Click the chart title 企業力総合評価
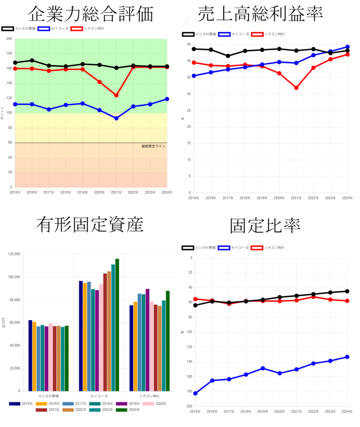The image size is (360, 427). (x=91, y=14)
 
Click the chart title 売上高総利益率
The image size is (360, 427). (x=260, y=14)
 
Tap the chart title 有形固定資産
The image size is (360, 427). (x=90, y=225)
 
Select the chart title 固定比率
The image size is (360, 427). (x=265, y=226)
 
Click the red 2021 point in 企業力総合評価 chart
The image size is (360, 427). (x=116, y=95)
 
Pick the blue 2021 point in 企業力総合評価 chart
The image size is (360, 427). (x=116, y=118)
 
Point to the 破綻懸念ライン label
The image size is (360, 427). (x=154, y=146)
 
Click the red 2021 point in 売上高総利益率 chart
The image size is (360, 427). (x=296, y=88)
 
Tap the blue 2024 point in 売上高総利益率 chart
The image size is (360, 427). (x=347, y=47)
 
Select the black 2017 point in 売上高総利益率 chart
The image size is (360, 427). (x=228, y=56)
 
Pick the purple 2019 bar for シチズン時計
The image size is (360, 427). (x=147, y=340)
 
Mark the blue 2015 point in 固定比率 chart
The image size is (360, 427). (x=195, y=393)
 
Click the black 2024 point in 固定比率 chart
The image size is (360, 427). (x=347, y=291)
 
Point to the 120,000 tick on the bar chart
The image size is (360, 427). (x=14, y=254)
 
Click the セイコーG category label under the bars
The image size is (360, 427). (x=99, y=396)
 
